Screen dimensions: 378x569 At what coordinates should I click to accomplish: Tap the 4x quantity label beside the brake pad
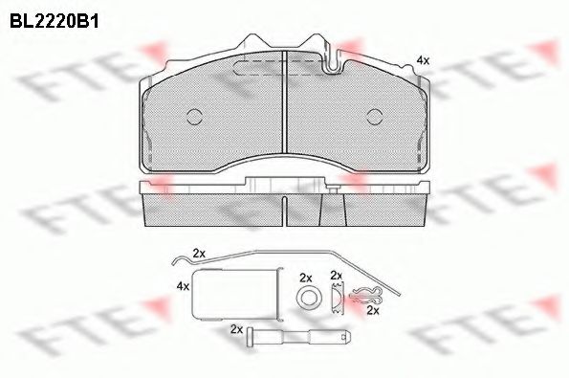[422, 60]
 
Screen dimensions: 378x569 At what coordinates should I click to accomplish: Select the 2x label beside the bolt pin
[235, 328]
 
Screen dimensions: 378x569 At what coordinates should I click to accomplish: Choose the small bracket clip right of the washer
[336, 299]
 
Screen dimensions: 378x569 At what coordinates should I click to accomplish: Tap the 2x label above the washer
[306, 277]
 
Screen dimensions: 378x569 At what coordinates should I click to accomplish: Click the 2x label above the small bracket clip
[336, 276]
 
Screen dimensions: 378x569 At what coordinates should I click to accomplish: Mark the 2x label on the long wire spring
[199, 254]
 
